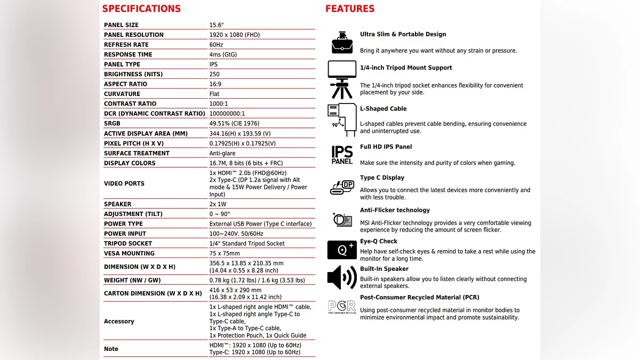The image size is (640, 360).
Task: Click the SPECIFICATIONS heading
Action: (x=141, y=9)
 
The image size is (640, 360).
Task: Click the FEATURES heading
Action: (x=350, y=9)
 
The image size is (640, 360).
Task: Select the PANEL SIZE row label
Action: (x=121, y=25)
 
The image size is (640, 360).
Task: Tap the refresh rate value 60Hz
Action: (x=216, y=45)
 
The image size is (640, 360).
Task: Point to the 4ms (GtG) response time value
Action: (x=223, y=54)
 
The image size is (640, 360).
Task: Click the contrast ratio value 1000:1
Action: (x=219, y=103)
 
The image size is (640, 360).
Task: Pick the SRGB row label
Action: (x=112, y=123)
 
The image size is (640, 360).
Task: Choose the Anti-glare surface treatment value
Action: (x=223, y=153)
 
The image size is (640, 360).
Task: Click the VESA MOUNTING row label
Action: (x=129, y=253)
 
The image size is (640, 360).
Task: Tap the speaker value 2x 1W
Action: (x=218, y=204)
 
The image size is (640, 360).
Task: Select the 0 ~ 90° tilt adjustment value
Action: (x=220, y=214)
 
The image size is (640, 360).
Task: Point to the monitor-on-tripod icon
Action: (x=342, y=79)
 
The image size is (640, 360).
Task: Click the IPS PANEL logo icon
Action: (x=342, y=155)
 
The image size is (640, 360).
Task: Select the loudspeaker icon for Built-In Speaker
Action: (x=342, y=277)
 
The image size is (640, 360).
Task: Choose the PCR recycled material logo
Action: (x=342, y=307)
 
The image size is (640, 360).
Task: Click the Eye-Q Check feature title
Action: (x=379, y=241)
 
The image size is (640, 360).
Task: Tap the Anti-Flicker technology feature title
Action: (x=395, y=210)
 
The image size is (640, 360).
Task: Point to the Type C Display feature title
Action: (x=382, y=178)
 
